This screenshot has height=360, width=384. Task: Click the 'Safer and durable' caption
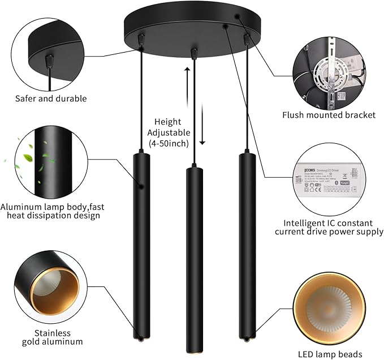coord(51,98)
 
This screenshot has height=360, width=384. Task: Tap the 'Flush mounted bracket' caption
coord(329,115)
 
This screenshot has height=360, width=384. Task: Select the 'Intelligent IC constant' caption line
coord(329,223)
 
